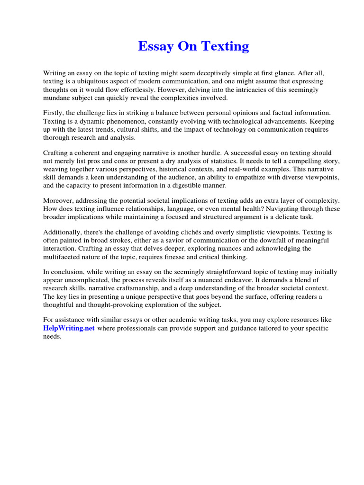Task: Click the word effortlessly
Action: (132, 90)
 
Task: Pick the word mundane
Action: (57, 99)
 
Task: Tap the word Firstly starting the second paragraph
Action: (54, 113)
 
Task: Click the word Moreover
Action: (59, 200)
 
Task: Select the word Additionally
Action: (62, 232)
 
